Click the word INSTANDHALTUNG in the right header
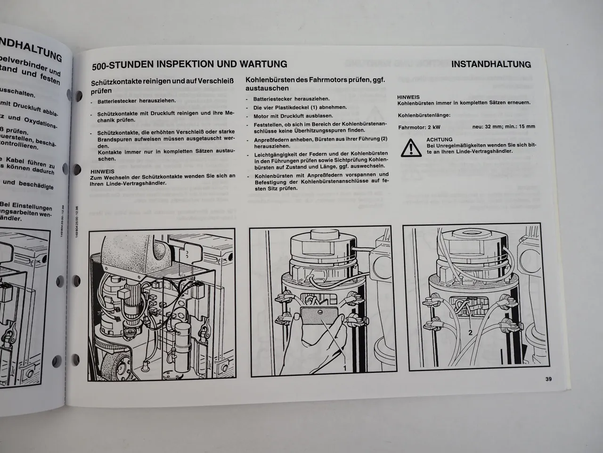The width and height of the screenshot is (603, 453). click(x=491, y=65)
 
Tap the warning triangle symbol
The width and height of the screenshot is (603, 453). click(x=410, y=148)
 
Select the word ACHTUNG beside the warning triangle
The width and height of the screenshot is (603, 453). click(x=439, y=140)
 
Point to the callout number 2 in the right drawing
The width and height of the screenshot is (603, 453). click(x=470, y=332)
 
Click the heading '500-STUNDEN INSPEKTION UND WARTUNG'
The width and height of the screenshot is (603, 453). click(x=189, y=64)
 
